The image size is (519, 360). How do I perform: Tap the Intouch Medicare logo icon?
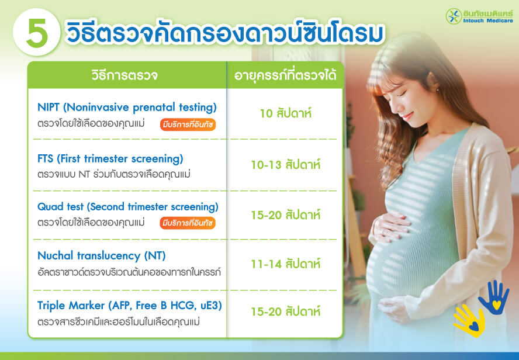tap(454, 16)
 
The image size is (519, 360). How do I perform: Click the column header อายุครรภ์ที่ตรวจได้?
tap(285, 75)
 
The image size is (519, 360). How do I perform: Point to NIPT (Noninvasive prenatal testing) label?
tap(127, 108)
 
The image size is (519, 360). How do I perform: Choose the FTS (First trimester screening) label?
tap(110, 158)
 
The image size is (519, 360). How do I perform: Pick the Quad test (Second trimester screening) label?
tap(127, 207)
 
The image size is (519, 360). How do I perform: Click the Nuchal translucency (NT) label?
tap(102, 256)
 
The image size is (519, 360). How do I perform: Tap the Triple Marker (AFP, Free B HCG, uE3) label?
tap(129, 306)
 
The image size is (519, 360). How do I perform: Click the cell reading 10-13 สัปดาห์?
tap(285, 165)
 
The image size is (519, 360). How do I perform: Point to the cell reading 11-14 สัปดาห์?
tap(285, 264)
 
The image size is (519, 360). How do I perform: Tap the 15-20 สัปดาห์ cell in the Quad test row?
tap(285, 214)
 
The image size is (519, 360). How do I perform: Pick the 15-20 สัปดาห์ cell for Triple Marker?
tap(285, 312)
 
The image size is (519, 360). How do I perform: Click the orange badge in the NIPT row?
tap(187, 124)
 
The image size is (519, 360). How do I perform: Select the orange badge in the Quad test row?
tap(187, 223)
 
